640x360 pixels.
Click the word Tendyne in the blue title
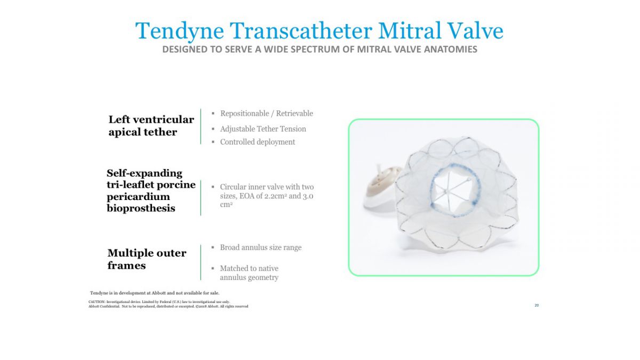point(179,31)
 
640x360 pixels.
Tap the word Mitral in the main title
point(410,30)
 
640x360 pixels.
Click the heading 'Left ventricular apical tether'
point(151,126)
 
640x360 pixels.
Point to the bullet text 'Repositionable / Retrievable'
point(266,114)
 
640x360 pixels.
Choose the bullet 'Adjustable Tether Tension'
point(263,129)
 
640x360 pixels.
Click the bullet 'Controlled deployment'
point(257,142)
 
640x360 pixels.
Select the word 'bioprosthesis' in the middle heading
point(141,209)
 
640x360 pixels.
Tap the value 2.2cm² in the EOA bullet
point(275,196)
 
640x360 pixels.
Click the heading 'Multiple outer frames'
point(147,259)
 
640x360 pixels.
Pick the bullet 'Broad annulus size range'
point(261,247)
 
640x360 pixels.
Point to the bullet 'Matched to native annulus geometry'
point(249,273)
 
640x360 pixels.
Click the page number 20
point(537,306)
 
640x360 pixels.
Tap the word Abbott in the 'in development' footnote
point(158,293)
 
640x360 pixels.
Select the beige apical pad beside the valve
point(381,182)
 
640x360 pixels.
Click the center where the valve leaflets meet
point(446,191)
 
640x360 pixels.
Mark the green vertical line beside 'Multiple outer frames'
point(201,262)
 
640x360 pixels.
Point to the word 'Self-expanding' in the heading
point(145,173)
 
